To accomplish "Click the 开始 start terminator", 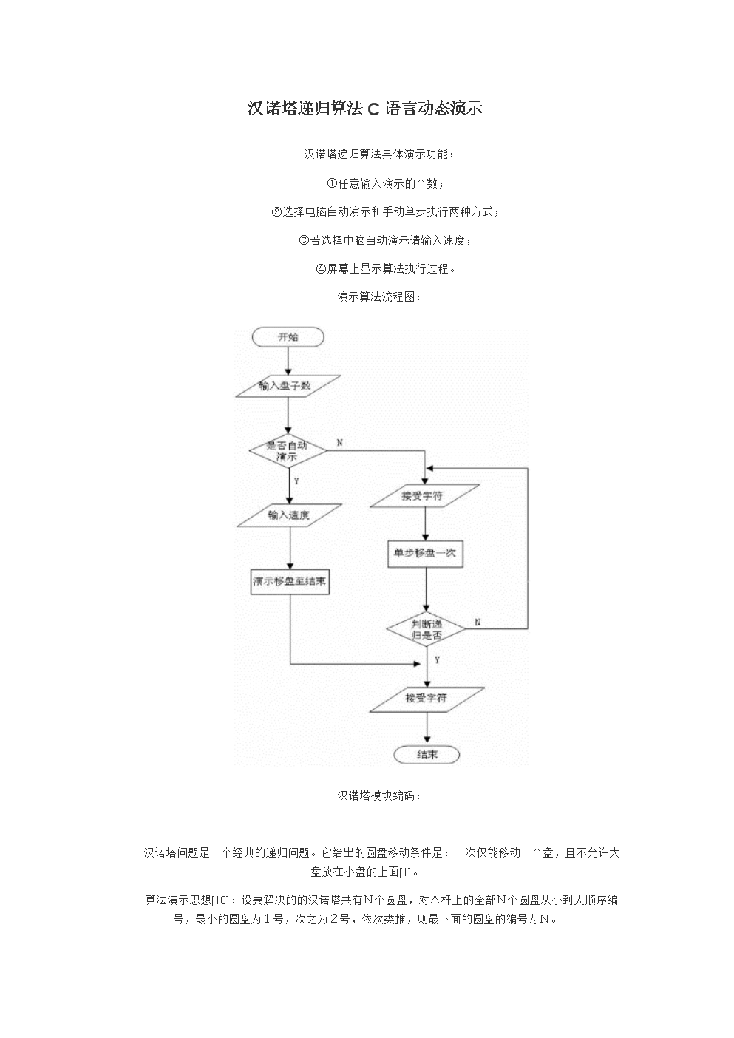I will pyautogui.click(x=288, y=337).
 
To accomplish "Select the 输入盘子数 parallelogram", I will pyautogui.click(x=288, y=386).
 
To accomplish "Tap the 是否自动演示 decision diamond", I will pyautogui.click(x=288, y=452).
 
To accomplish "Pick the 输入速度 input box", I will pyautogui.click(x=288, y=515).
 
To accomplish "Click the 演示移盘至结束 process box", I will pyautogui.click(x=289, y=582).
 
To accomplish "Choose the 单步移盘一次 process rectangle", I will pyautogui.click(x=426, y=554).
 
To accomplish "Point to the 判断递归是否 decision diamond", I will pyautogui.click(x=427, y=629).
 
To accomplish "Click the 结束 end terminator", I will pyautogui.click(x=427, y=754).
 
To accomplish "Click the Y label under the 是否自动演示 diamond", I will pyautogui.click(x=297, y=481).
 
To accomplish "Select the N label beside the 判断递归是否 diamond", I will pyautogui.click(x=478, y=622).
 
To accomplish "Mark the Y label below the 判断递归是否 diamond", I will pyautogui.click(x=437, y=660).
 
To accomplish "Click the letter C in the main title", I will pyautogui.click(x=373, y=109).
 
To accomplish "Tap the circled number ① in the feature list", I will pyautogui.click(x=332, y=183).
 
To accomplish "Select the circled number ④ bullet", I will pyautogui.click(x=321, y=268).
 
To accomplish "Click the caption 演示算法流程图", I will pyautogui.click(x=379, y=296).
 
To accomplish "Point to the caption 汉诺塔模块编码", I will pyautogui.click(x=379, y=796).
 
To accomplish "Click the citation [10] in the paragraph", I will pyautogui.click(x=220, y=900).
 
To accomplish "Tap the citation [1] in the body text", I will pyautogui.click(x=404, y=872).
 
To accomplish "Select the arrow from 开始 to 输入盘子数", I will pyautogui.click(x=288, y=360).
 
